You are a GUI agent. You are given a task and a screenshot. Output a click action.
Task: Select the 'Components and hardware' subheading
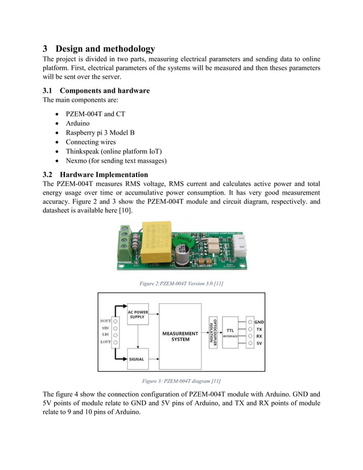pos(105,90)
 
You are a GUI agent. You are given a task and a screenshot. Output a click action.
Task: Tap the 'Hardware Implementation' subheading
pos(104,174)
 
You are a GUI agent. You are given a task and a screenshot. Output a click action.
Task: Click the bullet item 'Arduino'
pos(77,122)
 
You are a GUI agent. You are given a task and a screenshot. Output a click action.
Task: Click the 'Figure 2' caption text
pos(181,283)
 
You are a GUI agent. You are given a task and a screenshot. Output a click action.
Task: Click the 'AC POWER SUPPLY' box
pos(137,314)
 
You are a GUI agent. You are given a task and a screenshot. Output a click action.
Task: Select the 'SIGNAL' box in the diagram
pos(137,359)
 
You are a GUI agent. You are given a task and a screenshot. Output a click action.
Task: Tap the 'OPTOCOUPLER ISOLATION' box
pos(213,332)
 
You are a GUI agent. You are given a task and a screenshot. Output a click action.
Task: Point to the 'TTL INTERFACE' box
pos(230,333)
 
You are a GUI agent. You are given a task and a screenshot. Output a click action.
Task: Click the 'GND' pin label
pos(259,321)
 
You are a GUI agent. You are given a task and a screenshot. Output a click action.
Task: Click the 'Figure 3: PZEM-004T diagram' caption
pos(181,381)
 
